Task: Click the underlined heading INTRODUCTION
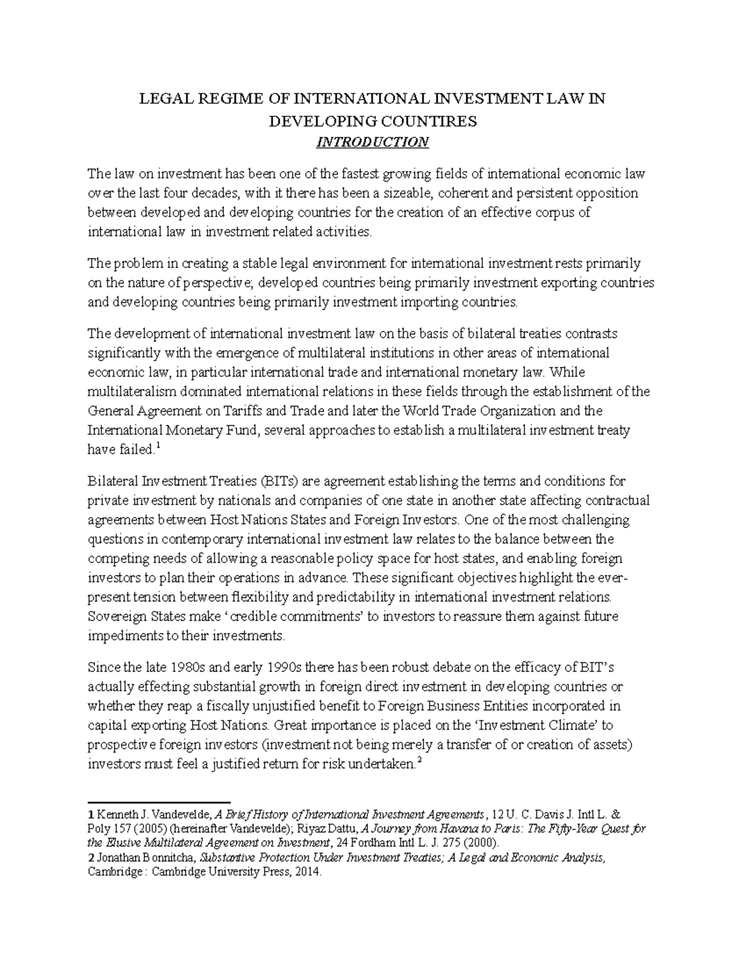pyautogui.click(x=372, y=142)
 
